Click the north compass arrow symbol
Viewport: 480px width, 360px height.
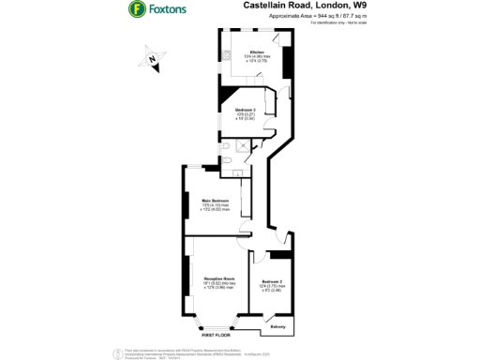point(152,63)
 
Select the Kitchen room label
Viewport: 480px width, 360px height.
point(256,52)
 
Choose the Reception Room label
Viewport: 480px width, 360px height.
point(217,279)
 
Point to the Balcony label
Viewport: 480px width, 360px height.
point(278,326)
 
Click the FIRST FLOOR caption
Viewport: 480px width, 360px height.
point(217,335)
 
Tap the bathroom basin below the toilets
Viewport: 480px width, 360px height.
point(239,172)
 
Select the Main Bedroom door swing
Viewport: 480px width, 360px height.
point(244,230)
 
